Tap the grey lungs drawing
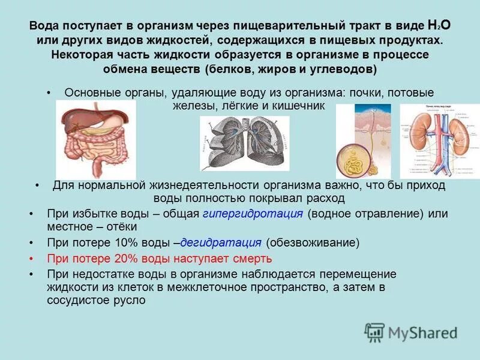(x=244, y=143)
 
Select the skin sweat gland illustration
(x=363, y=141)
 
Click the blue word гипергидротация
(x=254, y=214)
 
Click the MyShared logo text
(x=422, y=332)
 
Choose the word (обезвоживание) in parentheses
(x=313, y=243)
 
